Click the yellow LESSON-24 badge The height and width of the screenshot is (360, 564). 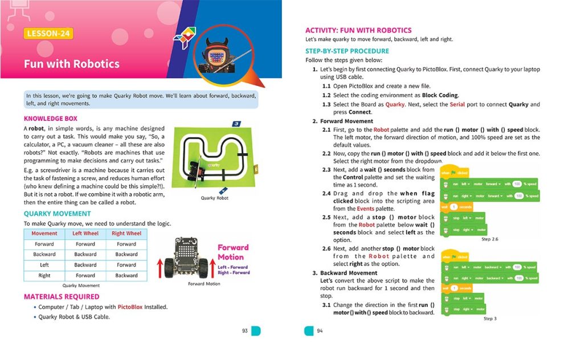pyautogui.click(x=49, y=34)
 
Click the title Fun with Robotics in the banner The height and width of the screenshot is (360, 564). pyautogui.click(x=72, y=63)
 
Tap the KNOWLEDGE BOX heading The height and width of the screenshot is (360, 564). pyautogui.click(x=51, y=118)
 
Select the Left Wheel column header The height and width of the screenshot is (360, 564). pyautogui.click(x=85, y=233)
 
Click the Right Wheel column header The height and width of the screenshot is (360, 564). pyautogui.click(x=126, y=233)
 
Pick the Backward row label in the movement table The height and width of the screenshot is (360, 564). pyautogui.click(x=44, y=254)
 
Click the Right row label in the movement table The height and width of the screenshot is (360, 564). pyautogui.click(x=44, y=275)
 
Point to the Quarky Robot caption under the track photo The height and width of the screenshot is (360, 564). pyautogui.click(x=215, y=198)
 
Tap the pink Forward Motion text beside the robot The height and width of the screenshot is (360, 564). pyautogui.click(x=233, y=252)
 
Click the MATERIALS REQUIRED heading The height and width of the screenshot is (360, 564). pyautogui.click(x=62, y=296)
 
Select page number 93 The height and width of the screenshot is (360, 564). pyautogui.click(x=244, y=330)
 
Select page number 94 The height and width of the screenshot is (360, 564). pyautogui.click(x=320, y=330)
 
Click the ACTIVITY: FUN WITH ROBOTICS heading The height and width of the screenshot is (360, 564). pyautogui.click(x=358, y=30)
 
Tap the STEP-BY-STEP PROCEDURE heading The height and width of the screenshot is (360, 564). pyautogui.click(x=348, y=51)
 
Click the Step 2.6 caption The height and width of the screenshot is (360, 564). pyautogui.click(x=490, y=239)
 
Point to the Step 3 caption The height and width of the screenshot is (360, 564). pyautogui.click(x=490, y=318)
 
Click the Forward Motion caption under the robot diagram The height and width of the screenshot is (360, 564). pyautogui.click(x=204, y=284)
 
